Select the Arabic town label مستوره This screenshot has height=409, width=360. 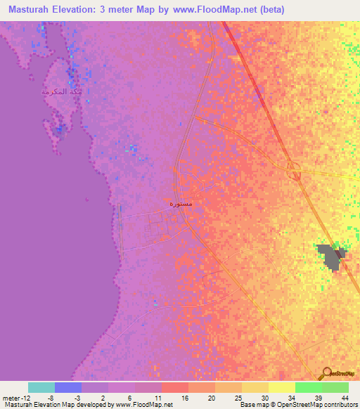tap(186, 204)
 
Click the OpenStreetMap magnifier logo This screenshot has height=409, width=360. tap(328, 372)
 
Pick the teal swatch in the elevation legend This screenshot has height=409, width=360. tap(41, 387)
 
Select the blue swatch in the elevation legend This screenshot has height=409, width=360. tap(68, 387)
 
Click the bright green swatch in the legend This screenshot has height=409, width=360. tap(308, 387)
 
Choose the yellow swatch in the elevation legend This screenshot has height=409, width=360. tap(281, 387)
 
